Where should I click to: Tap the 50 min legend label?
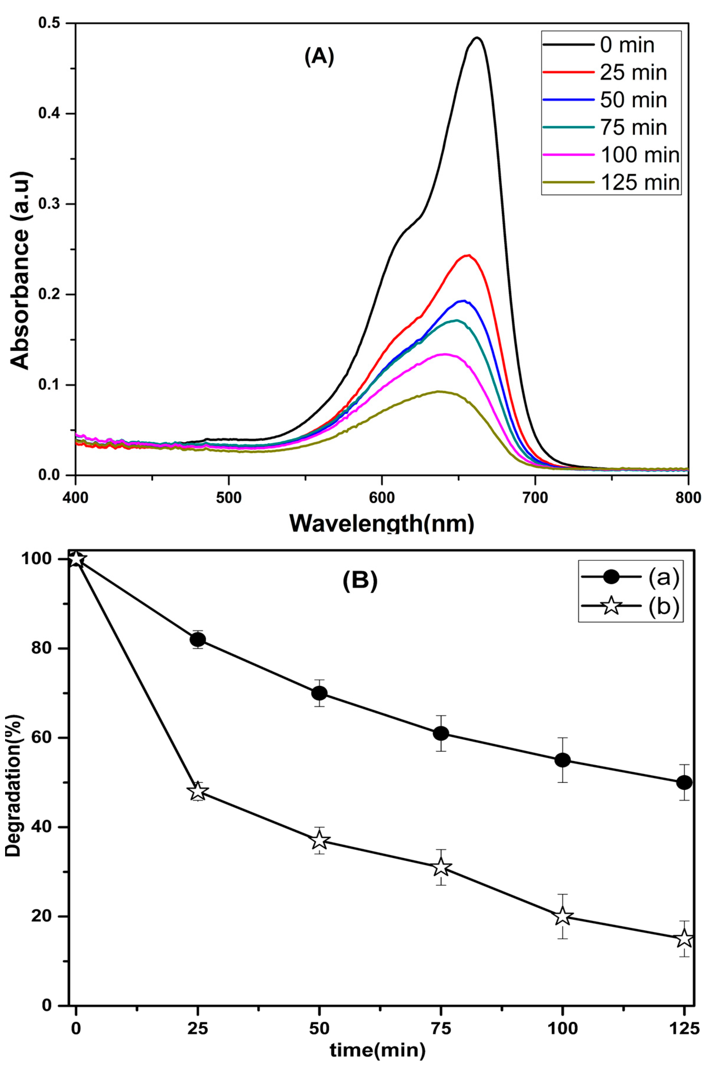(633, 100)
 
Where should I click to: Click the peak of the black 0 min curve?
(478, 38)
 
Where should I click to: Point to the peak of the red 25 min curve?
(468, 255)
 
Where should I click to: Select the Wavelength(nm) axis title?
(381, 523)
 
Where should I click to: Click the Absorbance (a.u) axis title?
(20, 271)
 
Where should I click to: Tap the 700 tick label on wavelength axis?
(535, 497)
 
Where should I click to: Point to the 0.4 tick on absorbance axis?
(51, 113)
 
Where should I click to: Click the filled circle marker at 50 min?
(319, 693)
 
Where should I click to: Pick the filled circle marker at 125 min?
(684, 782)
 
